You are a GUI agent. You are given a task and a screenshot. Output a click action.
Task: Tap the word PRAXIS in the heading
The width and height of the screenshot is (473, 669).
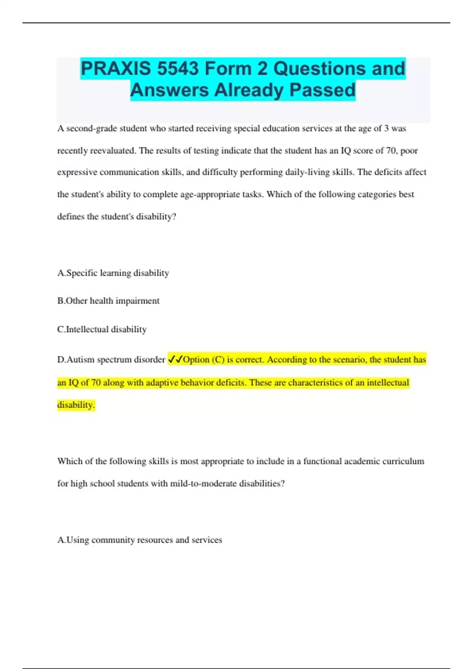pos(116,69)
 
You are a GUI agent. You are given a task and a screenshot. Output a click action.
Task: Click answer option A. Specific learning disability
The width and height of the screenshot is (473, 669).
pos(113,273)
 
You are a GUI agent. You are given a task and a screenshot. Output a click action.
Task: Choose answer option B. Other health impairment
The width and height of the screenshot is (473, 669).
pos(108,301)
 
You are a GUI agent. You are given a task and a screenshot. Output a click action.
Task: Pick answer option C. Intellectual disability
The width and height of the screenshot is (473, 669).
pos(102,329)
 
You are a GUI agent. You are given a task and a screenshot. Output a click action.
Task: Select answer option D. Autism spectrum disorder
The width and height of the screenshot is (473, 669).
pos(111,359)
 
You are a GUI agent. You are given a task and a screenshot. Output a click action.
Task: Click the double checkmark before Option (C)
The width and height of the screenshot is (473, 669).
pos(175,359)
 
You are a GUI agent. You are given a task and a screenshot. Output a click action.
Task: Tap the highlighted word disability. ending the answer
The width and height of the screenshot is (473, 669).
pos(76,405)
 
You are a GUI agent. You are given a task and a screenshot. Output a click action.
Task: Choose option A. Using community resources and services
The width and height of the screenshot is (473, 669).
pos(140,540)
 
